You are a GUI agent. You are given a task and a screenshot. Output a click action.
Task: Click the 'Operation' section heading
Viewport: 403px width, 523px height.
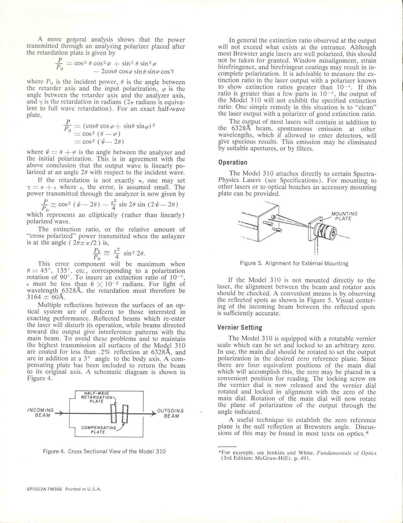[x=233, y=163]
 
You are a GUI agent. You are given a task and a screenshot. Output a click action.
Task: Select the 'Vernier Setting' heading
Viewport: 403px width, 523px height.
[x=240, y=328]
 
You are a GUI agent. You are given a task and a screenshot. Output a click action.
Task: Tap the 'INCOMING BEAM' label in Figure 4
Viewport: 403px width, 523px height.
[x=41, y=413]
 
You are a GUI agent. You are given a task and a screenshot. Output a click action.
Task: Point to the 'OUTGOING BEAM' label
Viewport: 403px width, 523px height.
[x=171, y=413]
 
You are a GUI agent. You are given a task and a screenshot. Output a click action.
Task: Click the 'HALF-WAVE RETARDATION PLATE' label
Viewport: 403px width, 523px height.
[x=97, y=397]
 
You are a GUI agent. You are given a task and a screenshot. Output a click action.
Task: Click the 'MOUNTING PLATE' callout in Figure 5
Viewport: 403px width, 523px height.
[x=344, y=216]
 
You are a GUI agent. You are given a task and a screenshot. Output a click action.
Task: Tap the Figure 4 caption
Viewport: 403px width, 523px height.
[x=104, y=451]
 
